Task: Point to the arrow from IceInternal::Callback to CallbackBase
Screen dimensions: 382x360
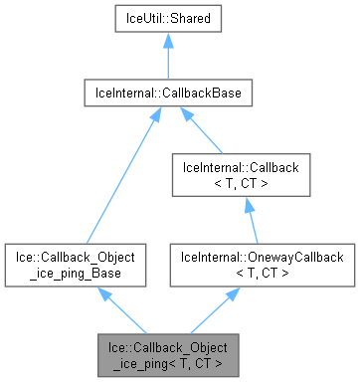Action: pyautogui.click(x=206, y=131)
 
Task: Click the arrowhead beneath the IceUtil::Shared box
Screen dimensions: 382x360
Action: pyautogui.click(x=166, y=44)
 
